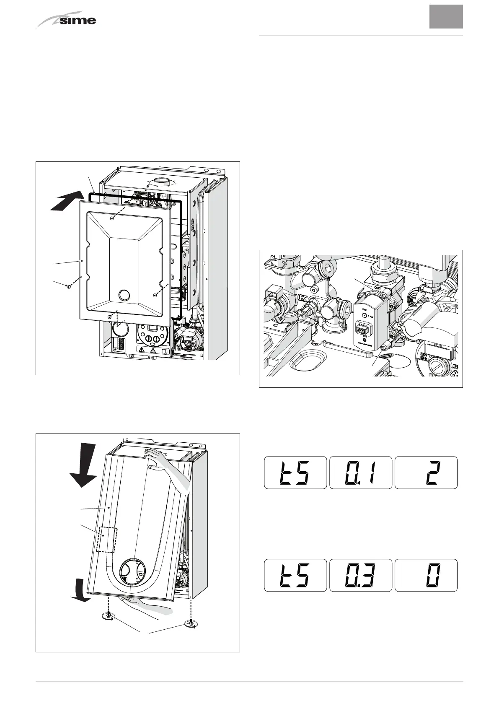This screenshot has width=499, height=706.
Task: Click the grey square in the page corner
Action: point(446,17)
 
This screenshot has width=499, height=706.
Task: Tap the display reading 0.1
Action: point(361,472)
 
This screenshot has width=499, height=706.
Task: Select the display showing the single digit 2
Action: point(426,472)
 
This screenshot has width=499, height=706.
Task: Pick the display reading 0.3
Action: point(361,575)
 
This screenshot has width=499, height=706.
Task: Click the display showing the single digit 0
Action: point(426,575)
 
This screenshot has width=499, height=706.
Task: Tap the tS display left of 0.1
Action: point(295,472)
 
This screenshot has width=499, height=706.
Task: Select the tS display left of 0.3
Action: point(295,575)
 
